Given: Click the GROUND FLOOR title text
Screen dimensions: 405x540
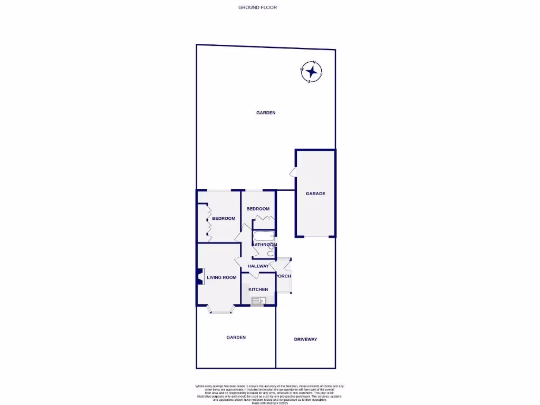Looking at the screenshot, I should click(x=257, y=7).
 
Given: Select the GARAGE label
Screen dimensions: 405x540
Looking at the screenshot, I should click(x=315, y=194).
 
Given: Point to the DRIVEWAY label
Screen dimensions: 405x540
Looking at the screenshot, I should click(x=305, y=339).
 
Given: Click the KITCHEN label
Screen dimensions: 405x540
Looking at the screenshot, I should click(x=258, y=290).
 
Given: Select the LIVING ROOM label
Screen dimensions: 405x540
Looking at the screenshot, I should click(x=221, y=277).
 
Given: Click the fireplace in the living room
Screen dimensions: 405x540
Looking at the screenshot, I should click(x=199, y=277).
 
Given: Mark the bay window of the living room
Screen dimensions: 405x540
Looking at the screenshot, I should click(x=219, y=310).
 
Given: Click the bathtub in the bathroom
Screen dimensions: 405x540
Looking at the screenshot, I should click(x=263, y=236).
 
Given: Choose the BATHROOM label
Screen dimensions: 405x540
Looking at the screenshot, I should click(x=264, y=245).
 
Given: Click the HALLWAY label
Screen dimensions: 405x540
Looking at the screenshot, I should click(x=258, y=266).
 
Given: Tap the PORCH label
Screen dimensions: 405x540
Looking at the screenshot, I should click(x=283, y=276).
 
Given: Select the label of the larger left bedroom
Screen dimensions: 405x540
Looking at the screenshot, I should click(x=224, y=218).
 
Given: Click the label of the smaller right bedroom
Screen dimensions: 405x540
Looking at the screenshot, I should click(x=258, y=209).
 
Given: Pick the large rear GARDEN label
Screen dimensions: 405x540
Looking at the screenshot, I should click(x=266, y=112).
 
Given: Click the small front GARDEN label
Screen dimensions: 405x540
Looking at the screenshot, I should click(x=236, y=337).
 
